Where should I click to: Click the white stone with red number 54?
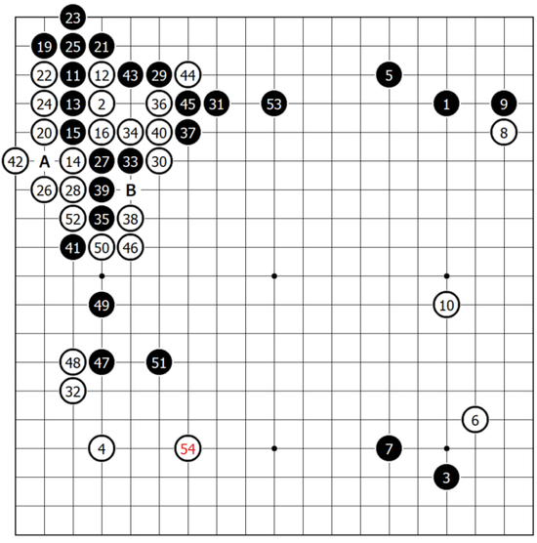tap(188, 448)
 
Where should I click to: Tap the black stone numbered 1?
tap(446, 104)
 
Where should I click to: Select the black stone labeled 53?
tap(274, 104)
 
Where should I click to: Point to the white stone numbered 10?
tap(446, 305)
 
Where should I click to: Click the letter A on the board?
tap(44, 161)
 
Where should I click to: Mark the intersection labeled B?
tap(131, 190)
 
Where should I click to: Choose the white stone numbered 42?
tap(16, 161)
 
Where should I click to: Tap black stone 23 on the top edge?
tap(72, 18)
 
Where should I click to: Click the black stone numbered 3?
tap(446, 478)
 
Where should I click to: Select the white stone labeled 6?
tap(475, 420)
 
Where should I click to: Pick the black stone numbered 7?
tap(390, 448)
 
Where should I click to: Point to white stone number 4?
tap(102, 448)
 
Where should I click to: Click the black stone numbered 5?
tap(390, 75)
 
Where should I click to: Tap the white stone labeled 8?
tap(504, 133)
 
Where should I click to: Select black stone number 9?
tap(504, 104)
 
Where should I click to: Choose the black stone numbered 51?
tap(159, 362)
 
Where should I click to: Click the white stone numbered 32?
tap(72, 391)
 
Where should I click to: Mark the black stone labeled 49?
tap(102, 305)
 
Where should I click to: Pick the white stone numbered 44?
tap(188, 75)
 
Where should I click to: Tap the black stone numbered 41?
tap(72, 248)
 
